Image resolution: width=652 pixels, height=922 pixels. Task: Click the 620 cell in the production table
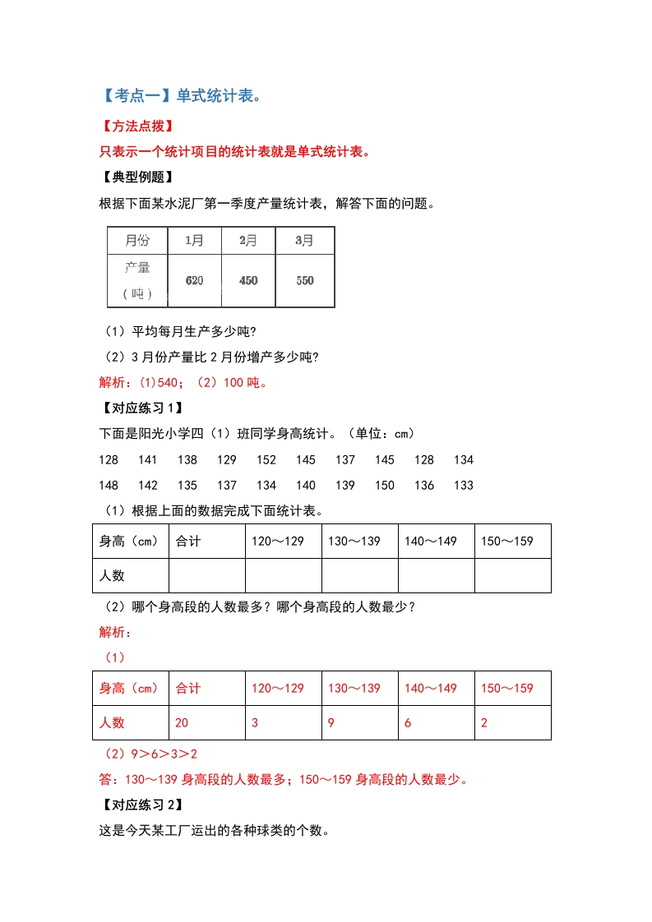coord(194,280)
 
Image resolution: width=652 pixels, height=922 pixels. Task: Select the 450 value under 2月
coord(248,280)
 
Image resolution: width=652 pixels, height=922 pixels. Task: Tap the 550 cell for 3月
coord(305,280)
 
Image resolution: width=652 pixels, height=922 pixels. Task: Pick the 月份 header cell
coord(137,241)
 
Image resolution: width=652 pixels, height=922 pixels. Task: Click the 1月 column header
coord(194,241)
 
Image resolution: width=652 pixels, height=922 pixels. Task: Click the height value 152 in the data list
coord(266,459)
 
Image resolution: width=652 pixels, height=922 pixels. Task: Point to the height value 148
coord(109,485)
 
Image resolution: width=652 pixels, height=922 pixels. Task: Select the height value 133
coord(464,485)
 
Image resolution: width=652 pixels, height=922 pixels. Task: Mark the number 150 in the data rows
coord(385,485)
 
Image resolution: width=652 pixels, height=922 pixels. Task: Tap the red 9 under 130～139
coord(331,722)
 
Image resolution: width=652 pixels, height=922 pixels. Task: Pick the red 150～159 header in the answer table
coord(507,688)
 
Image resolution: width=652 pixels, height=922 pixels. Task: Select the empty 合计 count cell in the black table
coord(206,575)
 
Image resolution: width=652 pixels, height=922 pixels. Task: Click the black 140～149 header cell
coord(430,541)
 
